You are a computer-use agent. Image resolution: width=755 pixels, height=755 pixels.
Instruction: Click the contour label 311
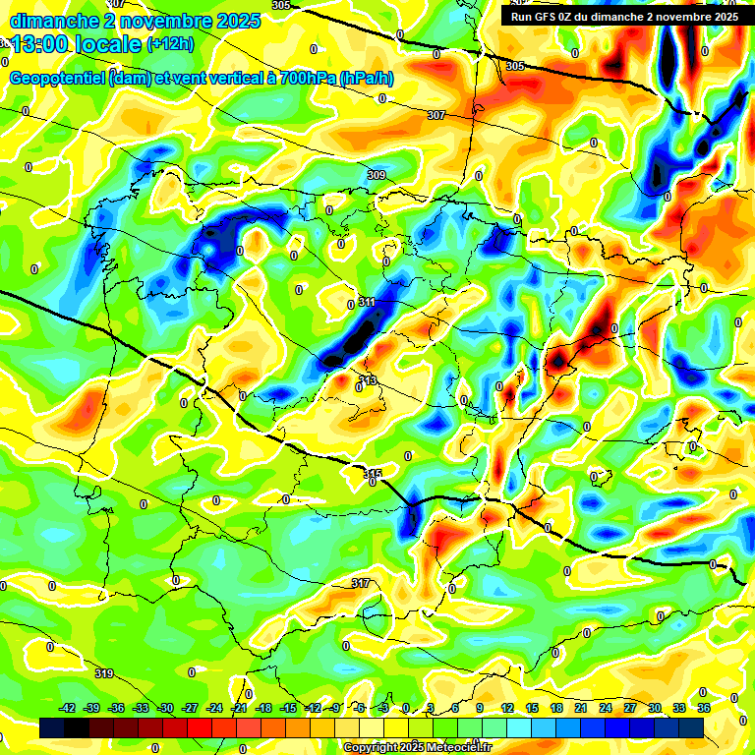point(368,302)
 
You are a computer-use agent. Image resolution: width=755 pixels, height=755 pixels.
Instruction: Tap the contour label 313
point(368,380)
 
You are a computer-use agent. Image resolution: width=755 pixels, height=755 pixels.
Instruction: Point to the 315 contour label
point(373,474)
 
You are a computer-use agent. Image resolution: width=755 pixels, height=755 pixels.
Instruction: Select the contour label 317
point(361,583)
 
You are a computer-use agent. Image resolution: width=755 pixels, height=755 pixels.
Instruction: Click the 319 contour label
point(105,673)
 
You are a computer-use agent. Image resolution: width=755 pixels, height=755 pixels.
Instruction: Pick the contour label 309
point(377,175)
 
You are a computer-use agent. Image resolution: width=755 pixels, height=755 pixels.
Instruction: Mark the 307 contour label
point(436,115)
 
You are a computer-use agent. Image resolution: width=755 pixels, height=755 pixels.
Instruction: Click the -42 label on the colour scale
point(68,709)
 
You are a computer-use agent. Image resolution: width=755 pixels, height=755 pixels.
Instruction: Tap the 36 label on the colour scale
point(704,709)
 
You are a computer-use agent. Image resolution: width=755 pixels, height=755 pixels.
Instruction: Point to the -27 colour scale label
point(190,709)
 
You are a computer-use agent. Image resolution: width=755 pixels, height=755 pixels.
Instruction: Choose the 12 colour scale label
point(507,709)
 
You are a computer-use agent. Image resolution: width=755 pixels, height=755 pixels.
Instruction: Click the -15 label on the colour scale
point(287,709)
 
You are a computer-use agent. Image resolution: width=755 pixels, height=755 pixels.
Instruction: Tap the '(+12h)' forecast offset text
point(170,44)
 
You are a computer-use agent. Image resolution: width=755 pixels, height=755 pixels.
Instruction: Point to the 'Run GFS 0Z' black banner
point(624,16)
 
